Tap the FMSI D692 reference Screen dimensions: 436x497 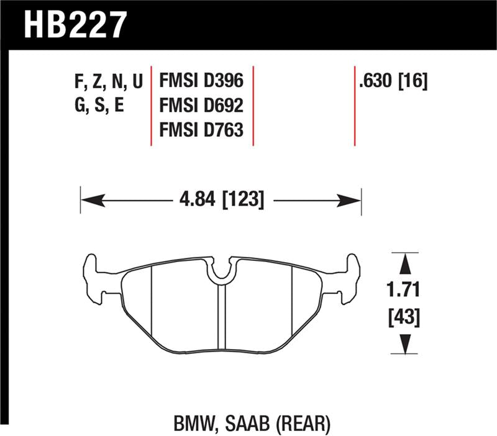click(x=201, y=105)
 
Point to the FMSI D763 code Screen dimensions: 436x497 click(x=201, y=130)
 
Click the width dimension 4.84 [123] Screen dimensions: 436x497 click(x=221, y=200)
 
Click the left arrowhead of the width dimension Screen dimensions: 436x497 click(x=90, y=200)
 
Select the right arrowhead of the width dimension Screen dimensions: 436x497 click(x=351, y=200)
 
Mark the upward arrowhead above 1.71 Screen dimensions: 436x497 click(x=405, y=264)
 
